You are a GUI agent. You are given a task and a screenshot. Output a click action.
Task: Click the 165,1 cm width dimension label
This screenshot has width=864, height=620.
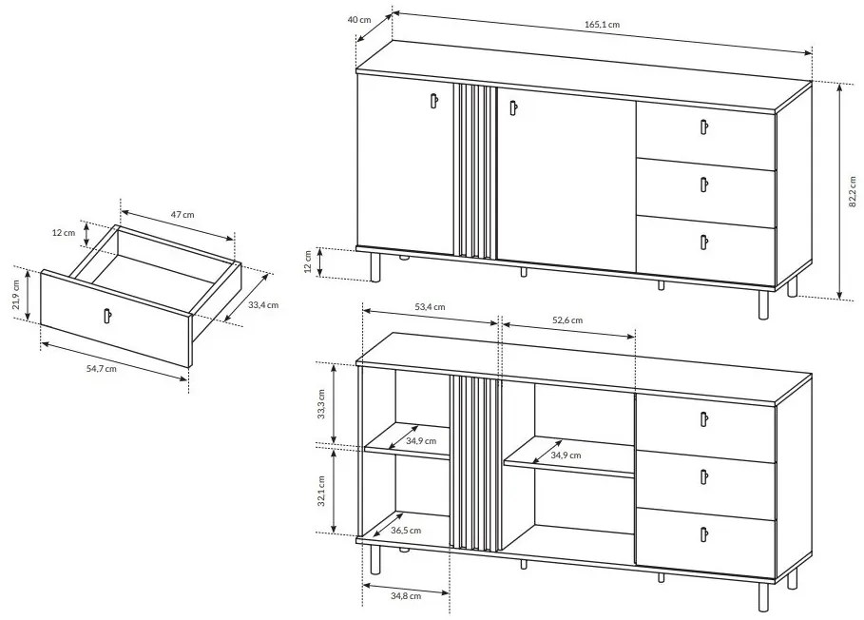click(602, 25)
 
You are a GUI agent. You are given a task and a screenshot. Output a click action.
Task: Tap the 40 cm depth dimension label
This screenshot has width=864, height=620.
click(359, 19)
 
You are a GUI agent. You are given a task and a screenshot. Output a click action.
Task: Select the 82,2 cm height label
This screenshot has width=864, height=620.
click(853, 191)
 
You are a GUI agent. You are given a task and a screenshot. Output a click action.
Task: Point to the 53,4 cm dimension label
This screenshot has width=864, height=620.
click(430, 307)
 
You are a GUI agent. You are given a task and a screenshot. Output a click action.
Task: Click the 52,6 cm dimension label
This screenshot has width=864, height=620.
click(567, 320)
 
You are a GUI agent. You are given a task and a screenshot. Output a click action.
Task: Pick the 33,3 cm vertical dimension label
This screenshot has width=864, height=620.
click(321, 404)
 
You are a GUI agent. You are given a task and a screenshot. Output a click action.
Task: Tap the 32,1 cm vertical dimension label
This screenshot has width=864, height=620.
click(321, 491)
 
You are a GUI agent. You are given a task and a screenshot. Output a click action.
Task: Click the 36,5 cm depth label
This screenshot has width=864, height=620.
click(406, 531)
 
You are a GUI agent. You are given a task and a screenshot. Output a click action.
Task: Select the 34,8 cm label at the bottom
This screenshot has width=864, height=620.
click(406, 595)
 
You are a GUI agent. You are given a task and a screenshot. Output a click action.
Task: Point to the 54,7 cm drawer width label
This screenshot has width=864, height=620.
click(102, 369)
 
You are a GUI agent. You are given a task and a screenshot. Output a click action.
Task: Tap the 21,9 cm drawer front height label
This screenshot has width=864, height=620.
click(16, 294)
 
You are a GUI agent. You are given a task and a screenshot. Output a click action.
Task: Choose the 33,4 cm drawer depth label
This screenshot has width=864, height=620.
click(263, 304)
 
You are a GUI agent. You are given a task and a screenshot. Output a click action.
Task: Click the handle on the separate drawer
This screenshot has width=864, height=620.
click(106, 316)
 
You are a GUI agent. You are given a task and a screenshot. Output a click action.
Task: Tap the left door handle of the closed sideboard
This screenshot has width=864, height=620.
click(433, 101)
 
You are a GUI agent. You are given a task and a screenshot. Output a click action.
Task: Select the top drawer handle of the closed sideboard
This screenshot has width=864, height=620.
click(704, 127)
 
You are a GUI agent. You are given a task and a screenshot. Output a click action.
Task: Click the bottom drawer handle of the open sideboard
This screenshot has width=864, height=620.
click(704, 534)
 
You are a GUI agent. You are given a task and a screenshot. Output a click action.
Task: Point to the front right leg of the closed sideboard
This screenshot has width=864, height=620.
click(763, 304)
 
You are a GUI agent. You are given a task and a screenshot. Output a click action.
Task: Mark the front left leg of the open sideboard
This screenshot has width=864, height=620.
click(375, 560)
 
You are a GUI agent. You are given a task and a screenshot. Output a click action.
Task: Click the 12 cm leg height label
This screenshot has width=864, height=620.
click(308, 262)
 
